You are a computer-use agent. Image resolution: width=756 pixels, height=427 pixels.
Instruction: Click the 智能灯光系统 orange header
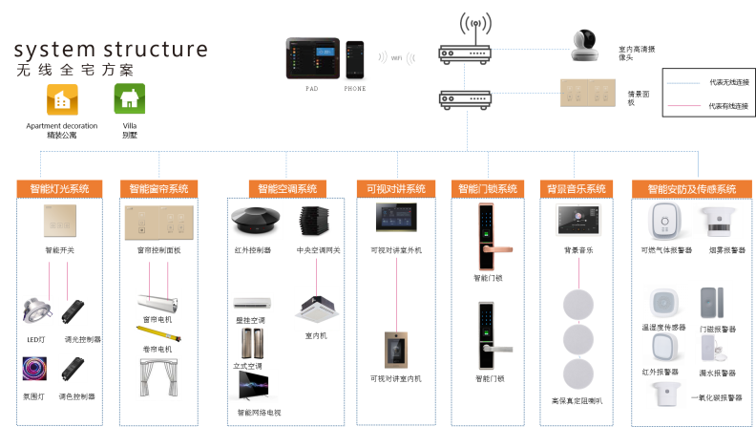59,189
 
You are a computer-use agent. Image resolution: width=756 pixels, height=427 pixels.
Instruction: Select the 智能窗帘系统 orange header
159,189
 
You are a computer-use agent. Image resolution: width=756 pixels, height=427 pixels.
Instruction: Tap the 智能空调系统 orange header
286,189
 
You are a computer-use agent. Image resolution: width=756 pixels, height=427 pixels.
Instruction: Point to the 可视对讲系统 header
396,189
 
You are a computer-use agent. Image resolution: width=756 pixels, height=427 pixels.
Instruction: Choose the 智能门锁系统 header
487,189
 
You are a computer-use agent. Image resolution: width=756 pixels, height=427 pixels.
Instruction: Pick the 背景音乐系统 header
577,189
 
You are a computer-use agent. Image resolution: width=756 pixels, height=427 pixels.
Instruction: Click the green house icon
130,98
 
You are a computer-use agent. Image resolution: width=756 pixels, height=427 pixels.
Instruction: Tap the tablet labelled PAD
312,58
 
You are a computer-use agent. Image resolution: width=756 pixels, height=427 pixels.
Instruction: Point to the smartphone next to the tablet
355,60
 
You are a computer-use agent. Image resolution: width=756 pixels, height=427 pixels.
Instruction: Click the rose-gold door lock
489,239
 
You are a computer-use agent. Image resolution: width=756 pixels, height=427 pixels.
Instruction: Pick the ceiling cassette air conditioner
316,305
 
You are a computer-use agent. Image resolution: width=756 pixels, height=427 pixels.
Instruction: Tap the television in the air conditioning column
253,385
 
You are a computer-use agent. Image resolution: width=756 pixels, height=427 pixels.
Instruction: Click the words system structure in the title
111,50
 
